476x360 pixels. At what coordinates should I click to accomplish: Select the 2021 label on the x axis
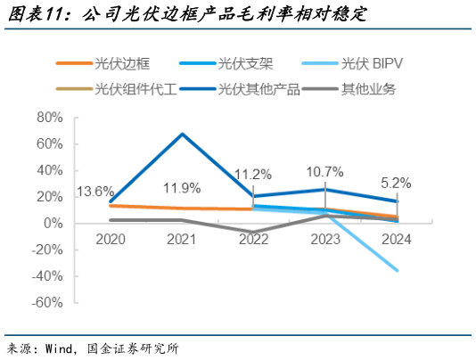coord(182,240)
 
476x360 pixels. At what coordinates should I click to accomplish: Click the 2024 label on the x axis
coord(396,240)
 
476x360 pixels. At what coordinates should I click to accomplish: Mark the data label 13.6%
coord(94,191)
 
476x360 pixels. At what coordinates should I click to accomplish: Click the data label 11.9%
coord(182,188)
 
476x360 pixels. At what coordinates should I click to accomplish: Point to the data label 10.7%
coord(324,171)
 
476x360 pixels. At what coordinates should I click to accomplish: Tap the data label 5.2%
coord(396,183)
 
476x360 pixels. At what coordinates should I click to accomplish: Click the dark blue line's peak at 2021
coord(182,135)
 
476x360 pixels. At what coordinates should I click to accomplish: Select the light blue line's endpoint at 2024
coord(396,271)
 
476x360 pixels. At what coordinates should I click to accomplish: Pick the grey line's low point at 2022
coord(253,232)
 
